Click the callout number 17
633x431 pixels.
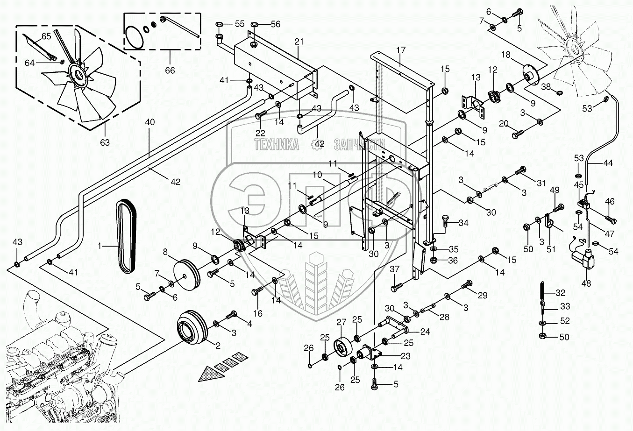(401, 50)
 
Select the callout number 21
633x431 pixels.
(299, 42)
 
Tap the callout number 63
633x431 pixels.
(105, 142)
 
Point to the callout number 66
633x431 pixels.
(170, 70)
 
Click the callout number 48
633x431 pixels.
(585, 283)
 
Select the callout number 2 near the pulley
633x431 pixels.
(217, 346)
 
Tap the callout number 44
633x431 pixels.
(608, 163)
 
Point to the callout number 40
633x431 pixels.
(149, 122)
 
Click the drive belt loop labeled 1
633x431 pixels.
(126, 236)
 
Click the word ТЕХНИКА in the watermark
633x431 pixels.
(277, 145)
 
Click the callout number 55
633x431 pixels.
(239, 23)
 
